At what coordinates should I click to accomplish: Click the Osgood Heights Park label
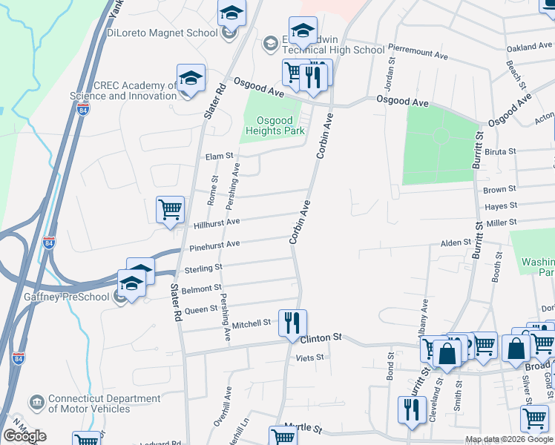pyautogui.click(x=275, y=126)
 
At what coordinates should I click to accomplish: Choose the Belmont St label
pyautogui.click(x=207, y=288)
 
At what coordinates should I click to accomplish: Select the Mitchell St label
pyautogui.click(x=252, y=323)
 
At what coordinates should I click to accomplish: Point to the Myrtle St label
pyautogui.click(x=303, y=429)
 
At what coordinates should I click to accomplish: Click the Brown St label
pyautogui.click(x=494, y=190)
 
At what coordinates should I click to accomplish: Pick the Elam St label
pyautogui.click(x=220, y=156)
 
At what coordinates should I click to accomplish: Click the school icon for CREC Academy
pyautogui.click(x=191, y=78)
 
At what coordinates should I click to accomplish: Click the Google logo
pyautogui.click(x=24, y=436)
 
